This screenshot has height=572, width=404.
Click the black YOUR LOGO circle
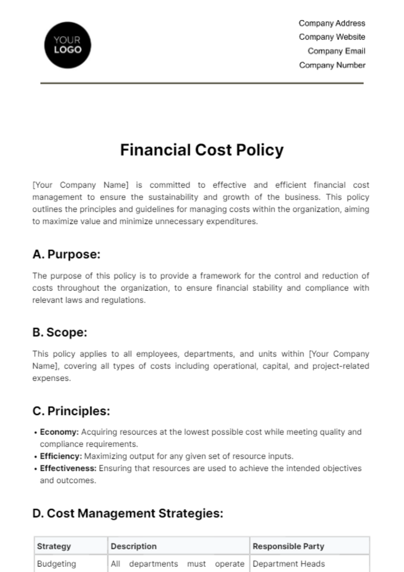click(68, 45)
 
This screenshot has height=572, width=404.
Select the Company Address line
click(332, 23)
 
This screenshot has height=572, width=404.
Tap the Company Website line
click(332, 37)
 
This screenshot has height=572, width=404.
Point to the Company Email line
click(336, 51)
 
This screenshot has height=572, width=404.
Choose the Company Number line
click(332, 65)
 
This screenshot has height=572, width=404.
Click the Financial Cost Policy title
click(202, 150)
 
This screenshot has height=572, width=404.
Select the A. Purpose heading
click(66, 254)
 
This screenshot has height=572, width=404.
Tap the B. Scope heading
click(60, 332)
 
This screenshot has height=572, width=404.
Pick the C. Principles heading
click(71, 411)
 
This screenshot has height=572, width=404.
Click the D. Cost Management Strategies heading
click(128, 513)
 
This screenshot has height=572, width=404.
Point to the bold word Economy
click(59, 432)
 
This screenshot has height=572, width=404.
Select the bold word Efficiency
click(61, 456)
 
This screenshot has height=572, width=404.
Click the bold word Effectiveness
click(68, 468)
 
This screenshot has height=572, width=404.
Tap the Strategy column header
click(54, 546)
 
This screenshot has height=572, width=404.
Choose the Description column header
click(134, 546)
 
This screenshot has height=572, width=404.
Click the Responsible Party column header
click(288, 546)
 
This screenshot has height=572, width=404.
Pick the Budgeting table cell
click(57, 564)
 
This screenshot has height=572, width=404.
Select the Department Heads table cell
click(289, 564)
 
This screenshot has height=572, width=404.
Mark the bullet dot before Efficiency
click(35, 457)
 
